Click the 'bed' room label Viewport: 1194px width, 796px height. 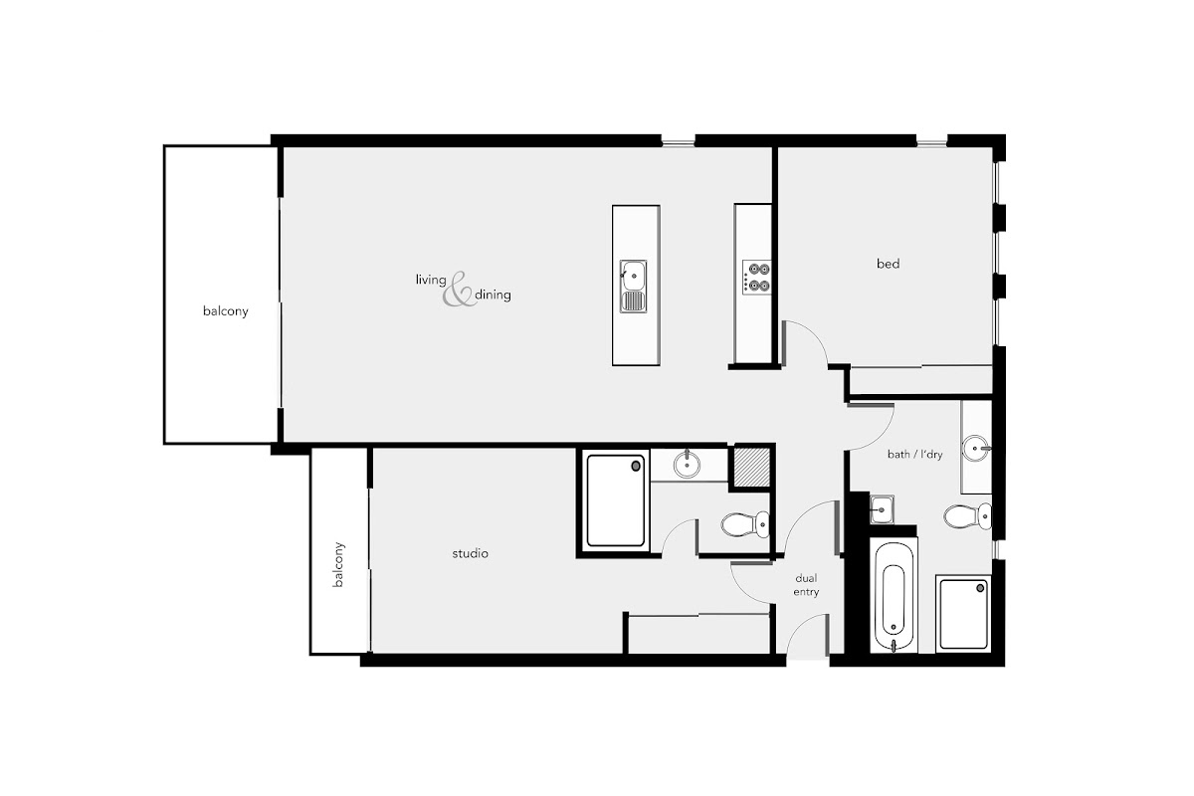tap(888, 264)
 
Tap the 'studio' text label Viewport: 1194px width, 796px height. tap(470, 553)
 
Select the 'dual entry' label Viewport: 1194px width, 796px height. tap(806, 585)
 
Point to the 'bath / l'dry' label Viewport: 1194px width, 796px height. tap(914, 455)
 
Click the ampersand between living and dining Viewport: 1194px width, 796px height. tap(458, 290)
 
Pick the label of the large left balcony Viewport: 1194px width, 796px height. tap(226, 310)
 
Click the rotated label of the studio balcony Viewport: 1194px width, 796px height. tap(338, 565)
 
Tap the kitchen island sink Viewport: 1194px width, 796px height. tap(633, 287)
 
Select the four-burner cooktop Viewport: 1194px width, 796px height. tap(757, 278)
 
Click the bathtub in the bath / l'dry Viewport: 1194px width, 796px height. tap(894, 594)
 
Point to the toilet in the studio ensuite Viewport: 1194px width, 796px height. tap(745, 524)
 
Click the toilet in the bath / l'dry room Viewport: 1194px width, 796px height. tap(968, 516)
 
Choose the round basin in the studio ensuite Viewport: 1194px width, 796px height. tap(688, 465)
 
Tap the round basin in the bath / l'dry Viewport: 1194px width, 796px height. tap(976, 448)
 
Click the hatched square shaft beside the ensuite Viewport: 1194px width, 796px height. tap(752, 467)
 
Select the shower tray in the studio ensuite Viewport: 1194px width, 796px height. tap(616, 500)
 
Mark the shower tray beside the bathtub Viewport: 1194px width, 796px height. tap(964, 614)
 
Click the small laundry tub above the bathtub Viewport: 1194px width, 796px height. tap(883, 509)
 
